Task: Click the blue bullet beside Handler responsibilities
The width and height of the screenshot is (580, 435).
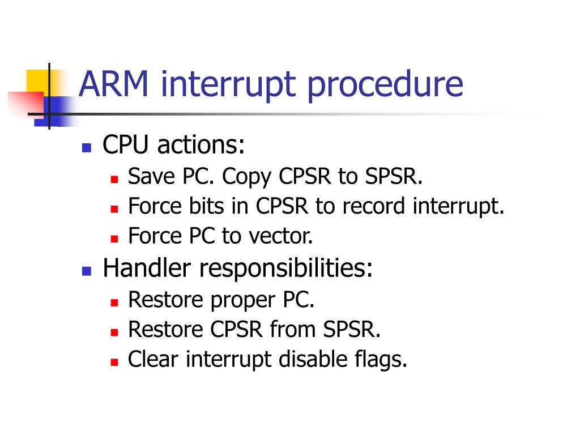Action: coord(86,271)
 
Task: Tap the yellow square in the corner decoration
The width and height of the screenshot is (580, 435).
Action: coord(35,79)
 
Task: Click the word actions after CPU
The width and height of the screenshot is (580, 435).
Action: coord(201,146)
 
